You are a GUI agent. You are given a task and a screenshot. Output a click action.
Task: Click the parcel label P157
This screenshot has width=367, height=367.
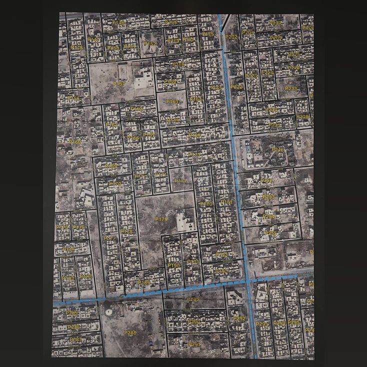click(x=118, y=83)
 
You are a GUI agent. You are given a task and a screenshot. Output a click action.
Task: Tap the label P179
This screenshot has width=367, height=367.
click(x=161, y=219)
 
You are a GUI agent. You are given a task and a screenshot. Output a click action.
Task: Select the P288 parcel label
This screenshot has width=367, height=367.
click(x=130, y=333)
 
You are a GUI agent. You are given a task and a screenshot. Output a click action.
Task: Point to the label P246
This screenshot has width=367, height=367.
click(x=277, y=149)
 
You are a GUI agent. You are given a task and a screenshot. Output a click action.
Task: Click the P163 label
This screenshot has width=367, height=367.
click(x=172, y=101)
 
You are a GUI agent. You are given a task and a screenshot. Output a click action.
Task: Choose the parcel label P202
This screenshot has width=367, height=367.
click(x=231, y=36)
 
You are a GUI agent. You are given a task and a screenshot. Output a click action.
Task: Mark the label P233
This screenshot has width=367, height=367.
click(x=291, y=88)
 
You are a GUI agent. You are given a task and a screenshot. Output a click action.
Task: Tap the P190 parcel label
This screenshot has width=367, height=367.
click(x=173, y=265)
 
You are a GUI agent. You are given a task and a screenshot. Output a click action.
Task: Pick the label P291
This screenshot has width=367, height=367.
click(x=194, y=344)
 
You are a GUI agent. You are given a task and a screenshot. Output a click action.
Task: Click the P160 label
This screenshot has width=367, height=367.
click(x=74, y=142)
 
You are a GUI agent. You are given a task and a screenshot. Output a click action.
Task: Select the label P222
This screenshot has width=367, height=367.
click(x=236, y=87)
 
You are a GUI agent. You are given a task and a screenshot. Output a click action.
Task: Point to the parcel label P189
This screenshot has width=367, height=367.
click(x=144, y=283)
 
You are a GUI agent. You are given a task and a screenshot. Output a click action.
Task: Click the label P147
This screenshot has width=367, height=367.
click(x=94, y=39)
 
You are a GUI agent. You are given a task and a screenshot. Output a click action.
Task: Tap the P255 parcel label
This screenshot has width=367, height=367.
click(x=270, y=233)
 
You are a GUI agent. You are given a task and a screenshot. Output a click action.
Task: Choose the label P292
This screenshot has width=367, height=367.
click(x=240, y=318)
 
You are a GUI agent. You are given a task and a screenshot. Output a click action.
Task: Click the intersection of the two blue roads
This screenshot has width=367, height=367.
click(x=248, y=281)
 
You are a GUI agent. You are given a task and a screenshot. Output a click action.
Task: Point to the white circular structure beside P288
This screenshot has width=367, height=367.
click(x=108, y=311)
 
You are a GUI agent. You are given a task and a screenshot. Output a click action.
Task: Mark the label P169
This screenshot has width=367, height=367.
click(x=110, y=166)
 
